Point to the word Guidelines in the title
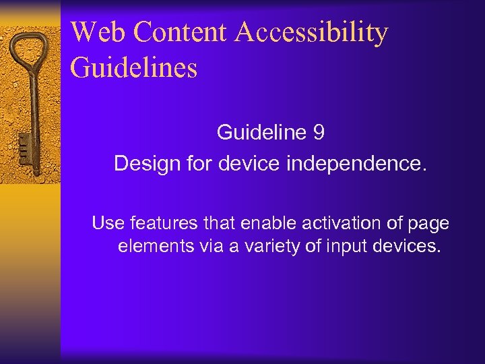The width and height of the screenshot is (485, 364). pos(133,68)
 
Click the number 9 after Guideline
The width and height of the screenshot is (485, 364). pos(319,133)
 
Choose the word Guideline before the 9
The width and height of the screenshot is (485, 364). pos(262,133)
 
